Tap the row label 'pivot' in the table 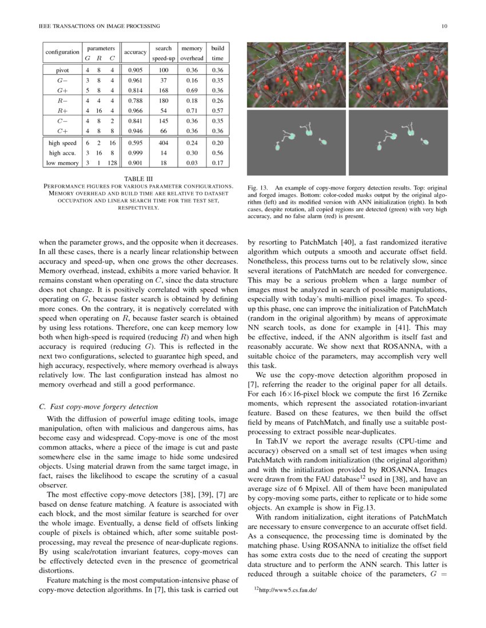pos(62,70)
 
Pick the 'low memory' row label pos(62,163)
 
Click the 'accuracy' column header pos(136,52)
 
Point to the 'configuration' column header pos(62,52)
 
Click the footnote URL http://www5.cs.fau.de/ pos(288,591)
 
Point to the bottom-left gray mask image pos(296,143)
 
